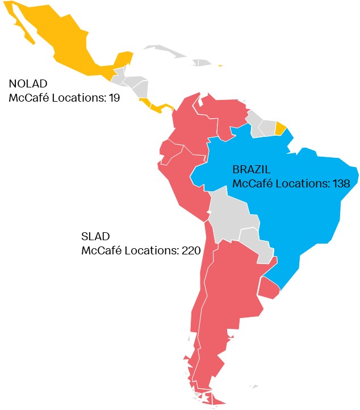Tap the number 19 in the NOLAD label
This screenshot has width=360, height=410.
point(114,98)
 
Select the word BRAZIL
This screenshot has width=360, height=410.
point(251,170)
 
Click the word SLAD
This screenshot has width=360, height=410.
point(95,236)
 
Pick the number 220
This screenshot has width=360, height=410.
point(191,249)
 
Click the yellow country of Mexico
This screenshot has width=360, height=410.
point(57,40)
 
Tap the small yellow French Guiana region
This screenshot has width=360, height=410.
point(280,128)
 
